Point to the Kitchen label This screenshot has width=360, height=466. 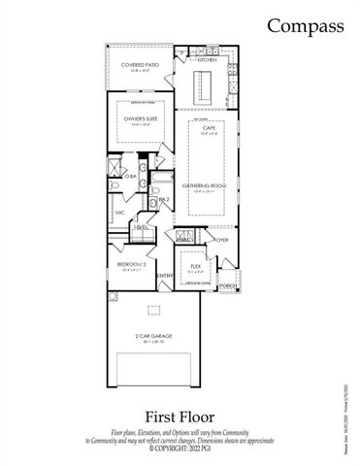pyautogui.click(x=207, y=60)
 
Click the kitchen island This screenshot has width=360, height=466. pyautogui.click(x=206, y=93)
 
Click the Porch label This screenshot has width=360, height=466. pyautogui.click(x=228, y=285)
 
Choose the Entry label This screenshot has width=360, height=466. pyautogui.click(x=163, y=275)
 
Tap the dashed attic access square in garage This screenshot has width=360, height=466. pyautogui.click(x=152, y=311)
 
